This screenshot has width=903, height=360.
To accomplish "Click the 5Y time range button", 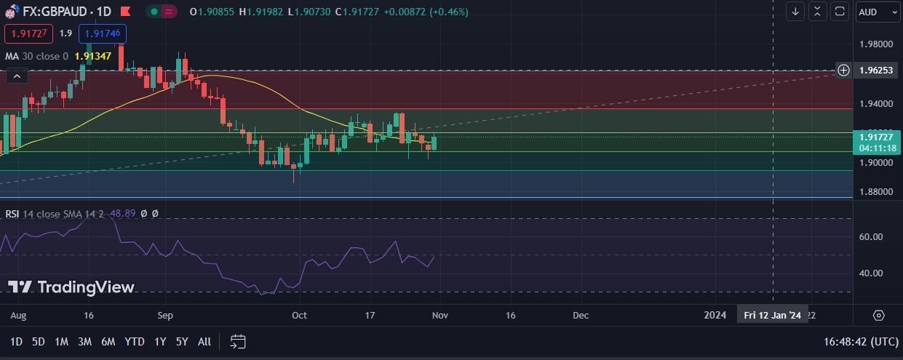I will [182, 341].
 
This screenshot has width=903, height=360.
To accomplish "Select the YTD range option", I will [134, 341].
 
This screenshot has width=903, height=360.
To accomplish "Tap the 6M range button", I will [108, 341].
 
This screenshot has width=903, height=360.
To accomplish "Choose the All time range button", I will [204, 341].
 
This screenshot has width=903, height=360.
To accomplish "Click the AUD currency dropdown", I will [875, 12].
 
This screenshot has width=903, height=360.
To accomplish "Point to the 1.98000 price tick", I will [875, 44].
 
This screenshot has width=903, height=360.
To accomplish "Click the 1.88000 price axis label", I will [875, 192].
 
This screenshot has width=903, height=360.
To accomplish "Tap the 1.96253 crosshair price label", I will [875, 71].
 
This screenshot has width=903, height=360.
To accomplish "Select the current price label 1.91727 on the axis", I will [875, 137].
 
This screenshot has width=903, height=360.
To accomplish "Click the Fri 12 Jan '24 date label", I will [772, 316].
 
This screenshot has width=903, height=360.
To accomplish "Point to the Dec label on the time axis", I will [580, 316].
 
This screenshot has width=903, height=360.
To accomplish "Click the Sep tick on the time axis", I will [165, 316].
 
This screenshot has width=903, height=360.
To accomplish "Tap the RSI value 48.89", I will [121, 214].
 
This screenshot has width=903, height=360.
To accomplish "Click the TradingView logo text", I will [86, 287].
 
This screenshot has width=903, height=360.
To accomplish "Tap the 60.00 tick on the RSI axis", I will [871, 237].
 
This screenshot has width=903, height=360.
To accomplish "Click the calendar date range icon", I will [238, 341].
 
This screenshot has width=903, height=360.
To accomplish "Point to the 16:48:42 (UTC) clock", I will [861, 341].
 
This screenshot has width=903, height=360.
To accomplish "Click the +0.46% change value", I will [450, 12].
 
